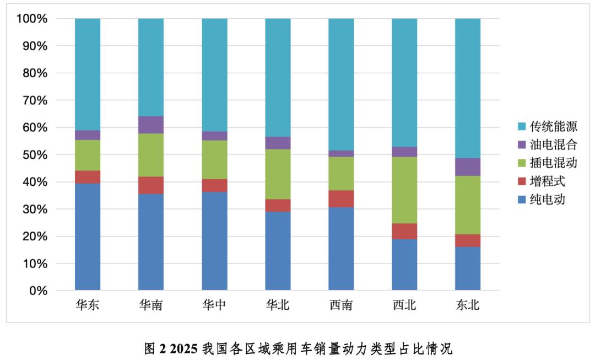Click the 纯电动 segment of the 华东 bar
88,237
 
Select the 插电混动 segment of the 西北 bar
404,190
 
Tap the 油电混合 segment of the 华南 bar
151,125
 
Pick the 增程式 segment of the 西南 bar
341,198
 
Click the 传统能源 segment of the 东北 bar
468,88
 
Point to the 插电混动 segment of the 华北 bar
278,174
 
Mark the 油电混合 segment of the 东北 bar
468,167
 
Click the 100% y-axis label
34,19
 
